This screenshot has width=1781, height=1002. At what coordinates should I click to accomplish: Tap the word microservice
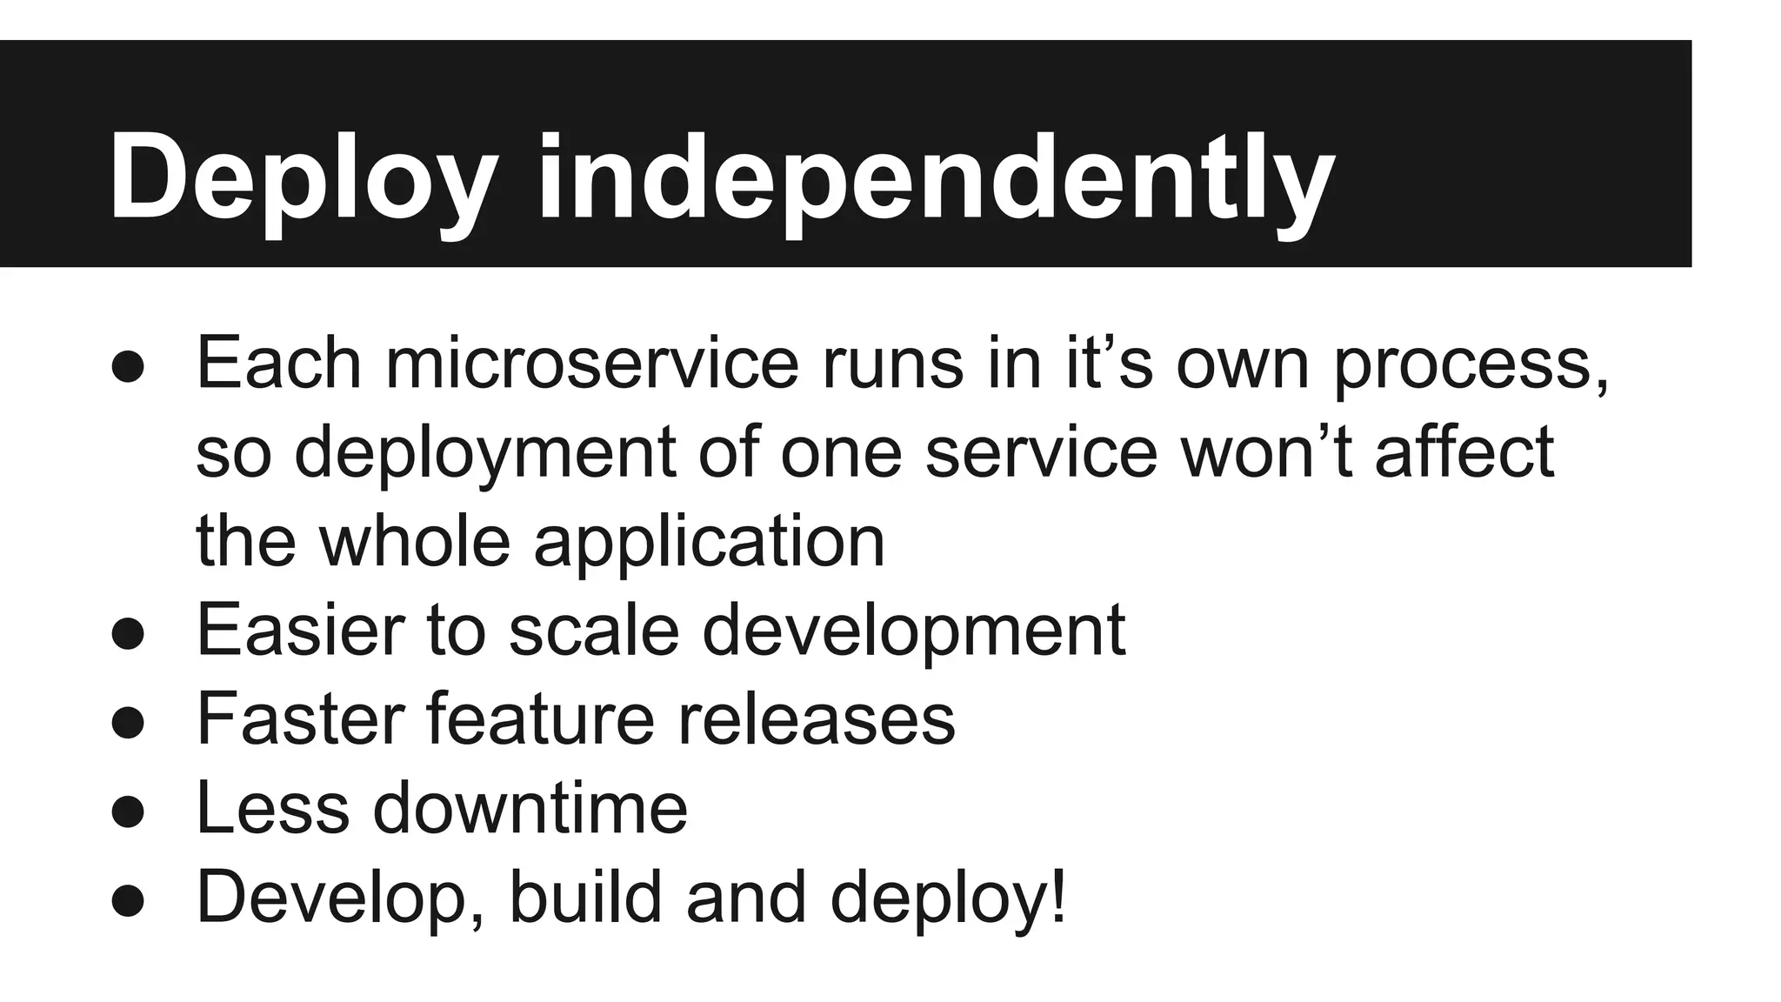coord(591,364)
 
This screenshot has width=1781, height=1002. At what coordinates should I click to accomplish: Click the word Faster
coord(300,718)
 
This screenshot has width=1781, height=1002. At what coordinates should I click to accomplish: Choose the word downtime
coord(530,807)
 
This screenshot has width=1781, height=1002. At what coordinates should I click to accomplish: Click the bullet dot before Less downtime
coord(128,811)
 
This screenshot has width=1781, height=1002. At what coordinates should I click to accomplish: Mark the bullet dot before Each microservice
coord(128,366)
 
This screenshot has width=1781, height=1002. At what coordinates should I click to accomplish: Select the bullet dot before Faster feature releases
coord(128,721)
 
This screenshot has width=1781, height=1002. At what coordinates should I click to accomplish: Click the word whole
coord(415,540)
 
